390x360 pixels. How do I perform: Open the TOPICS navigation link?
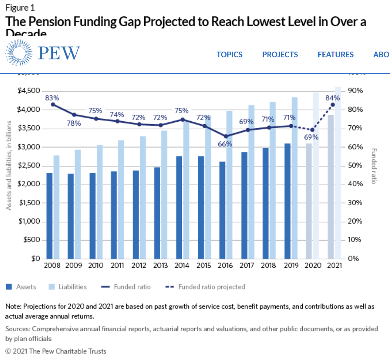pos(229,54)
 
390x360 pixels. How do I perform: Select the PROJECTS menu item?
pos(280,54)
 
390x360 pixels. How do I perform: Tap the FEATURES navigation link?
pos(336,54)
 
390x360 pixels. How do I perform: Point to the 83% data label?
pos(52,98)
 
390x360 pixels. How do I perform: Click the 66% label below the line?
pos(225,144)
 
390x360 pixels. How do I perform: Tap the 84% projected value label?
pos(333,98)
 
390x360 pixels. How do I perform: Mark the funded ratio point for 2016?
pos(225,136)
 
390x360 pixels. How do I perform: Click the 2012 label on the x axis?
pos(139,265)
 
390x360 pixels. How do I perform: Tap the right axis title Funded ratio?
pos(374,165)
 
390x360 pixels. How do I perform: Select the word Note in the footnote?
pos(14,306)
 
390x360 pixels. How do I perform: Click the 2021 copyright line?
pos(56,351)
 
